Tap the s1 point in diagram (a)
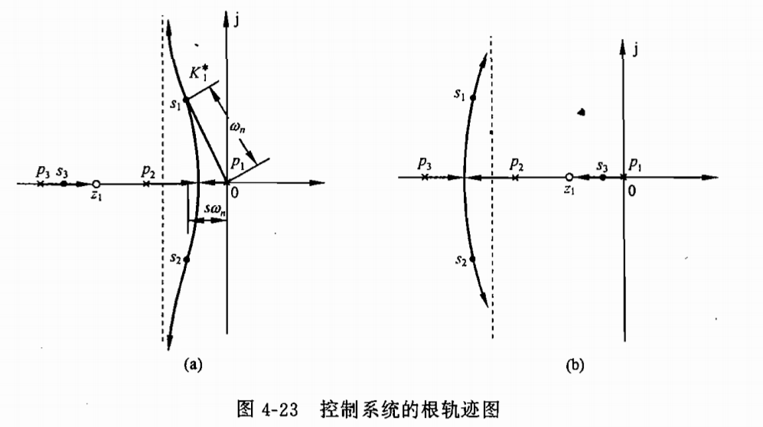click(186, 100)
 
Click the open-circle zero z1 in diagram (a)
click(96, 184)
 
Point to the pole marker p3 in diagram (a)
click(40, 184)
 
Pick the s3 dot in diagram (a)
click(64, 184)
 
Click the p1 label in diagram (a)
click(238, 163)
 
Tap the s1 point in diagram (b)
click(473, 97)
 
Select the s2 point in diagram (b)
click(473, 259)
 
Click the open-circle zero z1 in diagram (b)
click(569, 177)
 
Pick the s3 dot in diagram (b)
click(603, 177)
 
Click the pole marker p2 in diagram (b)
click(516, 177)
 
